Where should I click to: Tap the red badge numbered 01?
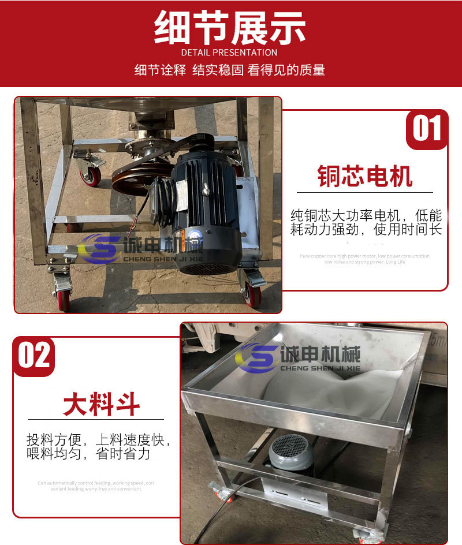pyautogui.click(x=427, y=129)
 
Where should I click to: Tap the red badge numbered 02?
pyautogui.click(x=35, y=356)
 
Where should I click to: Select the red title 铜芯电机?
pyautogui.click(x=365, y=176)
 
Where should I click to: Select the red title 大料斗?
pyautogui.click(x=101, y=404)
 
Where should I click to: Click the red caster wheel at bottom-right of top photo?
pyautogui.click(x=253, y=294)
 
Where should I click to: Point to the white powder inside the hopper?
pyautogui.click(x=358, y=393)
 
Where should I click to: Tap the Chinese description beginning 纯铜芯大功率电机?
pyautogui.click(x=366, y=223)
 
